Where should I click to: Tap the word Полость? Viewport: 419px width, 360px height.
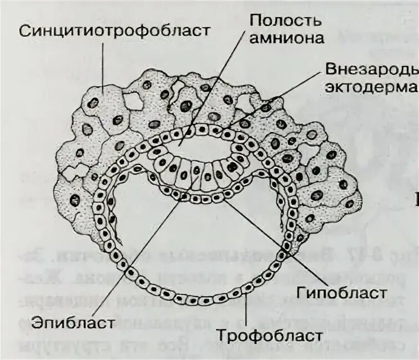(x=285, y=21)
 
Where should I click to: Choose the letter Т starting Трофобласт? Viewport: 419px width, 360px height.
(x=221, y=335)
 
